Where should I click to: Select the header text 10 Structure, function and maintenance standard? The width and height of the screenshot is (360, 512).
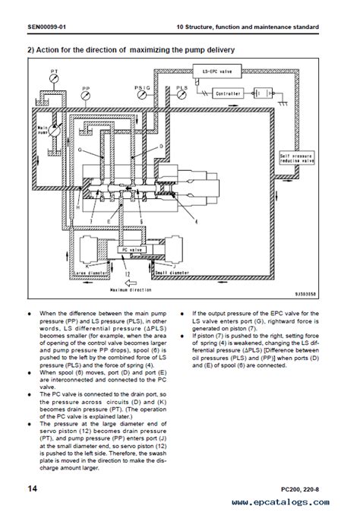pyautogui.click(x=246, y=27)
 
